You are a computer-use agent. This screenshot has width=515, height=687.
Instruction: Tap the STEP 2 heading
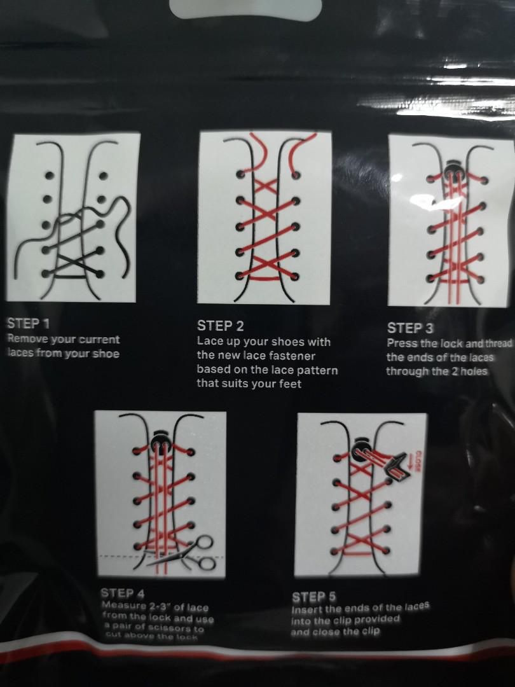tap(220, 326)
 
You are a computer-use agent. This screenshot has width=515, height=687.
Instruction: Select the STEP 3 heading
tap(410, 328)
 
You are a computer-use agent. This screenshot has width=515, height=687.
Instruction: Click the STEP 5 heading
tap(313, 596)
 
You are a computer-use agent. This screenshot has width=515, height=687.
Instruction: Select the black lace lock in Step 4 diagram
tap(161, 439)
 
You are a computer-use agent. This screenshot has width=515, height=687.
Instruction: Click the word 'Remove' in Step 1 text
tap(28, 340)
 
